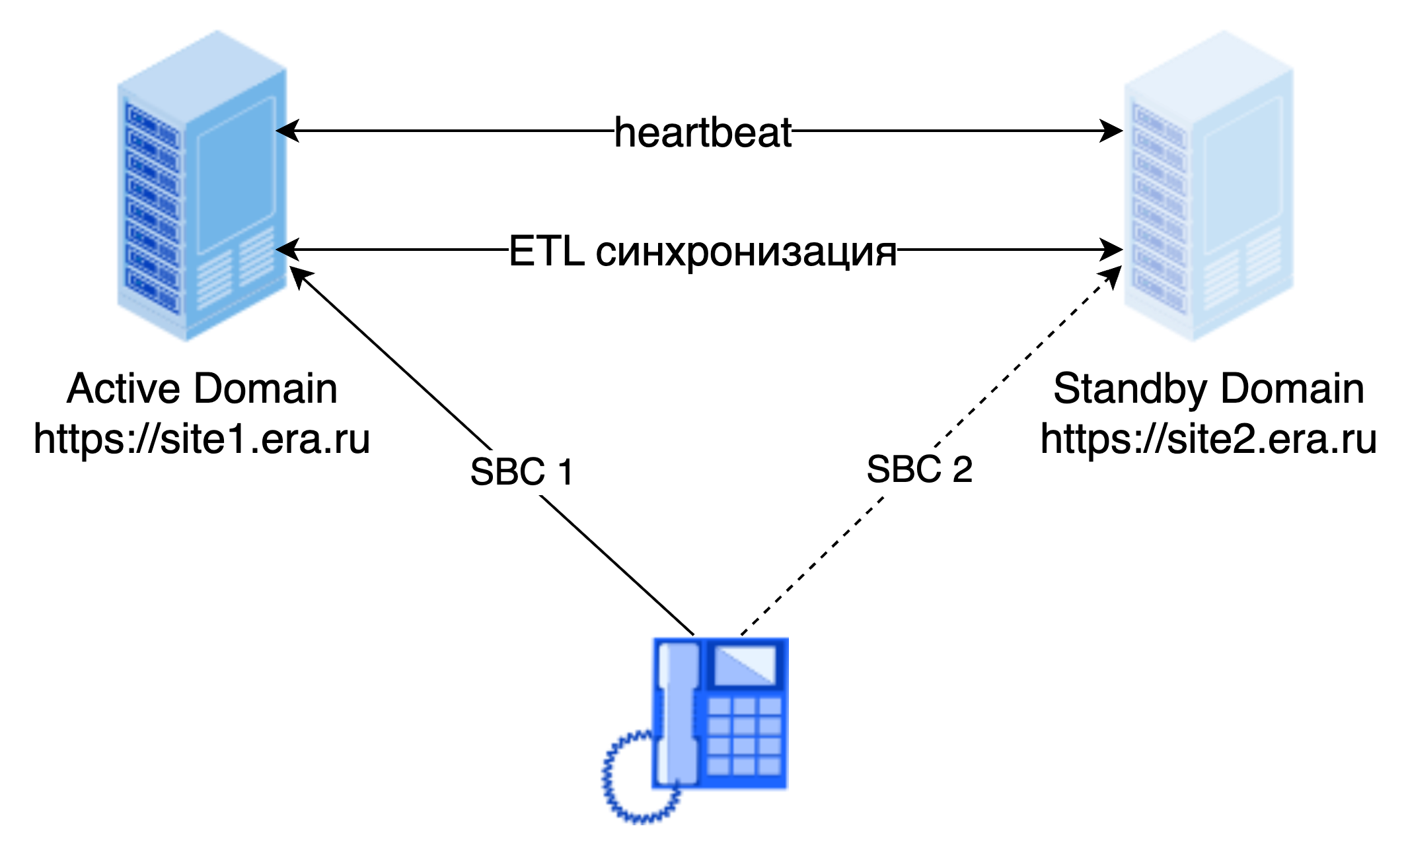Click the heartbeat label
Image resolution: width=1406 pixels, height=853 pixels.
(x=702, y=134)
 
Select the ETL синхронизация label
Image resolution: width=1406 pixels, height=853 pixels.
(x=702, y=253)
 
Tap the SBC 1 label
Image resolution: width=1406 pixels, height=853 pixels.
(x=523, y=472)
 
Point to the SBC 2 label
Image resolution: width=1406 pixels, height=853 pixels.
(x=919, y=469)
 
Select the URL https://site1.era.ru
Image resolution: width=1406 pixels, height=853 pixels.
(x=203, y=439)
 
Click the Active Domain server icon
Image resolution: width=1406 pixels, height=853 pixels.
(x=202, y=186)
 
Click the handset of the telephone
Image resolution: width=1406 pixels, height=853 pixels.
(x=678, y=713)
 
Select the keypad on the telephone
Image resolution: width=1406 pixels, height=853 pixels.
(x=745, y=736)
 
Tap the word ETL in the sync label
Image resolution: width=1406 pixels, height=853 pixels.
(x=546, y=252)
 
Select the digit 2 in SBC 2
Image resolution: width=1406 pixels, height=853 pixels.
(x=962, y=469)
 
